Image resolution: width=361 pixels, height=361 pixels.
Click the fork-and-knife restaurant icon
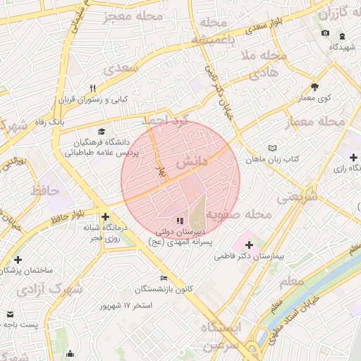[x=92, y=88]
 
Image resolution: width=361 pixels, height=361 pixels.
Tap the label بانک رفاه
[x=71, y=121]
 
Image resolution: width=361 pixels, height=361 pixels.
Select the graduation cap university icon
[x=102, y=132]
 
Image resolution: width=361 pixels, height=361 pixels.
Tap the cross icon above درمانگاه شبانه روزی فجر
[x=105, y=216]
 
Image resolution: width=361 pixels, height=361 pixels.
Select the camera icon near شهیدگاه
[x=325, y=33]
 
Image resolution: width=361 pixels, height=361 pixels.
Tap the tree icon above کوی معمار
[x=314, y=87]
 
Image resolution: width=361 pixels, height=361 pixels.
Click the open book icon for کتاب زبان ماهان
[x=273, y=148]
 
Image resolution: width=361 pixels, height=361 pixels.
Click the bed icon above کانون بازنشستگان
[x=164, y=278]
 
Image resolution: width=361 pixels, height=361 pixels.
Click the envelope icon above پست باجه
[x=10, y=313]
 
